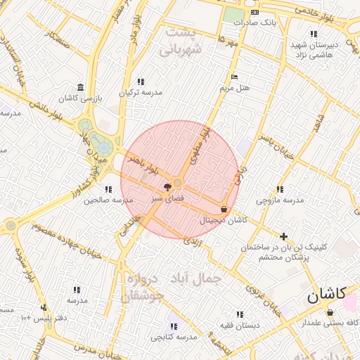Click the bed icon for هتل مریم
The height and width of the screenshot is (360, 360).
235,77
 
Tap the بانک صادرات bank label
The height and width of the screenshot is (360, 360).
258,22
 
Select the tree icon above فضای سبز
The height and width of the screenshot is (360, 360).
167,187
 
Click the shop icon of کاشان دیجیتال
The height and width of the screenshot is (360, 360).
224,209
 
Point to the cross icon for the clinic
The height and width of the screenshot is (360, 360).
283,236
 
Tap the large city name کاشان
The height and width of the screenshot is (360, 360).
326,295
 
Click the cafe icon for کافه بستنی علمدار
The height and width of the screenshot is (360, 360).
330,312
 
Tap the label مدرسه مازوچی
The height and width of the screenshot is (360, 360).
280,200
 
